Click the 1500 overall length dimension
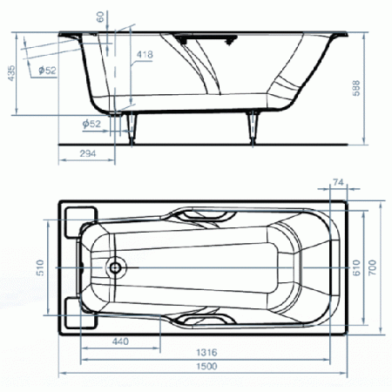[206, 366]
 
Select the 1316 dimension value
[206, 353]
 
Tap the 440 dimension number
[120, 341]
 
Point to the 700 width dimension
[372, 267]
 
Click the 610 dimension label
[356, 267]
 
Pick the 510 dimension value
[40, 267]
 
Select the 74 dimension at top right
[338, 182]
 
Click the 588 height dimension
[356, 88]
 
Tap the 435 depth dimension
[11, 73]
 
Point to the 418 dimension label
[145, 54]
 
